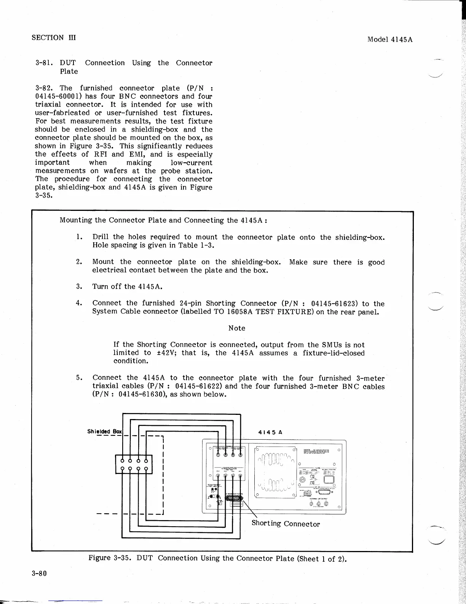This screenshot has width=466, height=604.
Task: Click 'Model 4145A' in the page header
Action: point(390,39)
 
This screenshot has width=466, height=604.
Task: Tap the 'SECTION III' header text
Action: point(54,37)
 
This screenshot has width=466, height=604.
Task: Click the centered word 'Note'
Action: point(236,328)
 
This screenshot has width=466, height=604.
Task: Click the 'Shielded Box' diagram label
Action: point(104,432)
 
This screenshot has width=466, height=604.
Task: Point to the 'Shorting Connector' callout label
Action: point(286,524)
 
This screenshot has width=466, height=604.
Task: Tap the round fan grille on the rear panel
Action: point(276,472)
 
